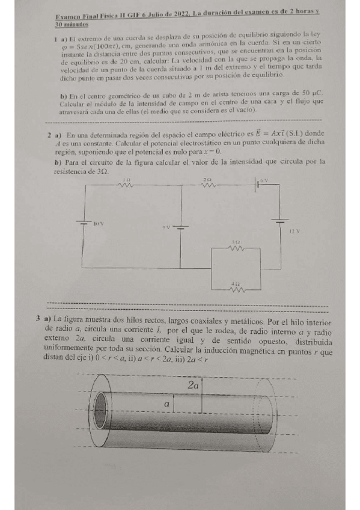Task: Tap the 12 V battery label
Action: click(x=293, y=231)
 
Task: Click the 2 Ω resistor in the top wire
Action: click(x=207, y=185)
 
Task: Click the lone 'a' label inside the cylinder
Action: click(x=166, y=405)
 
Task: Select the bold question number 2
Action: click(x=49, y=135)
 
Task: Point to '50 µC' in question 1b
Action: click(x=313, y=95)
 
